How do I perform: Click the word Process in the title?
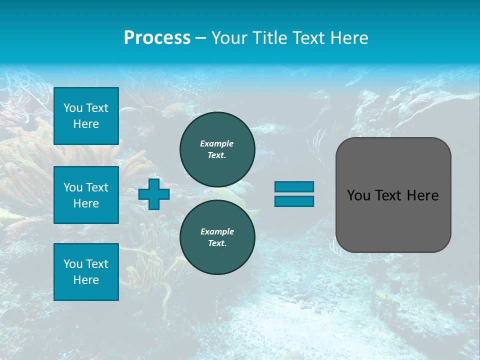point(157,38)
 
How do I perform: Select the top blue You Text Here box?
point(86,116)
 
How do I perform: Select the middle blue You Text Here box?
point(86,195)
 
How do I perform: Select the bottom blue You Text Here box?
point(86,271)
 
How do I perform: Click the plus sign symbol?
point(153,194)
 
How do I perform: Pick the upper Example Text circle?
point(217,149)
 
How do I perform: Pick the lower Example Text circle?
point(217,237)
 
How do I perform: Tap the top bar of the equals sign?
point(294,186)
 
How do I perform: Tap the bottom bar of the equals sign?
point(294,201)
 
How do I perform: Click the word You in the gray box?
point(358,195)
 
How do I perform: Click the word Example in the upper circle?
point(217,143)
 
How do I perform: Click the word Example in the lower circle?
point(217,231)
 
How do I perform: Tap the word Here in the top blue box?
point(86,124)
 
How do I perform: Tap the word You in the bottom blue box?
point(73,264)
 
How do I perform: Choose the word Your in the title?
point(229,38)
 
